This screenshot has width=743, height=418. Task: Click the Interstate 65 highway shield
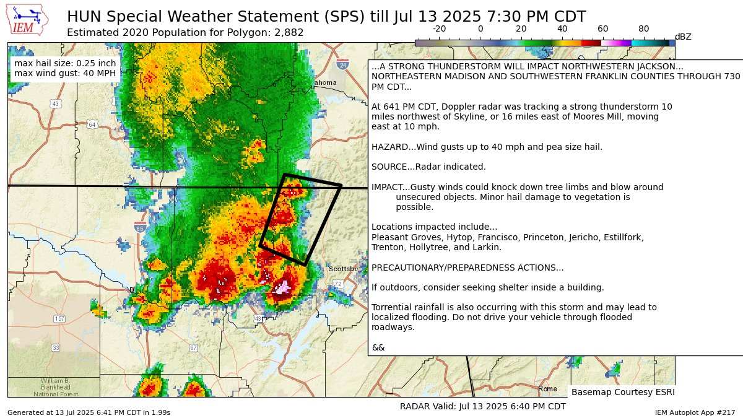pyautogui.click(x=139, y=227)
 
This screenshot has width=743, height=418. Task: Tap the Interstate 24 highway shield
pyautogui.click(x=343, y=64)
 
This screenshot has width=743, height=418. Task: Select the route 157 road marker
pyautogui.click(x=59, y=319)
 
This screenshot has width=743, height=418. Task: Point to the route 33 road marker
pyautogui.click(x=56, y=348)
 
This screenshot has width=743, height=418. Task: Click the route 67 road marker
pyautogui.click(x=194, y=348)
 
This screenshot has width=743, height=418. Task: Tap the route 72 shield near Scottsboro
pyautogui.click(x=337, y=284)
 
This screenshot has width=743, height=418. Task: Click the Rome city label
pyautogui.click(x=547, y=389)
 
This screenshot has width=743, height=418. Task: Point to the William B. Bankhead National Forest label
pyautogui.click(x=55, y=387)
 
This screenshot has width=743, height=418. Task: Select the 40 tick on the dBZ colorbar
pyautogui.click(x=562, y=29)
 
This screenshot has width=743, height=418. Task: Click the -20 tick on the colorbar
pyautogui.click(x=440, y=29)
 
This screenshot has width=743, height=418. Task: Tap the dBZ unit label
pyautogui.click(x=683, y=37)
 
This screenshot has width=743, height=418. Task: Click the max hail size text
pyautogui.click(x=64, y=63)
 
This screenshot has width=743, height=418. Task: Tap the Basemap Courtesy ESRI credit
pyautogui.click(x=622, y=392)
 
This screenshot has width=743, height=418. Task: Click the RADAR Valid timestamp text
pyautogui.click(x=483, y=406)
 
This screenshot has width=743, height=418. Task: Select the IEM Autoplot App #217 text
pyautogui.click(x=695, y=412)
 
